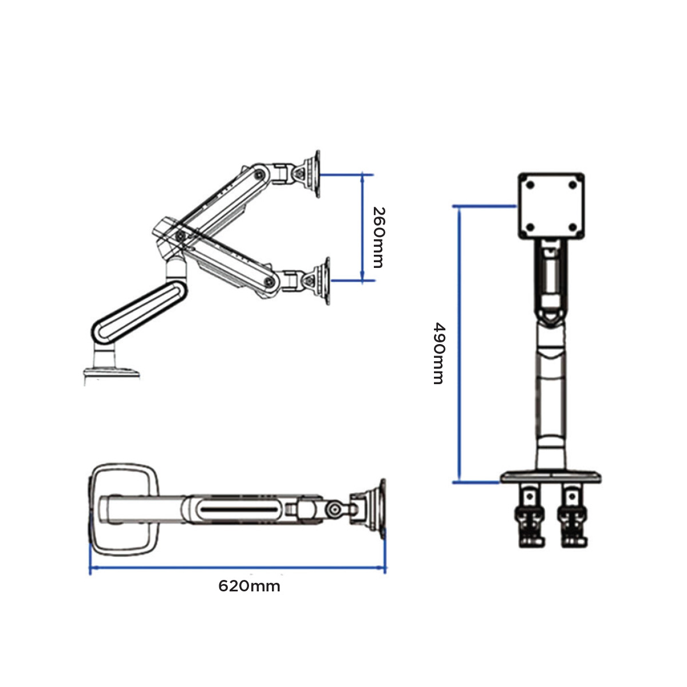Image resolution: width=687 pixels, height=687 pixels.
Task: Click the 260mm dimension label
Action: (x=377, y=237)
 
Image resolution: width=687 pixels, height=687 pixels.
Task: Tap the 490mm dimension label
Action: (x=438, y=353)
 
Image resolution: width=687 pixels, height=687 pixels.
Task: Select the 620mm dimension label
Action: (x=249, y=586)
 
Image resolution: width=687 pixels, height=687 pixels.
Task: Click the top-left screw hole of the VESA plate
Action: (x=530, y=185)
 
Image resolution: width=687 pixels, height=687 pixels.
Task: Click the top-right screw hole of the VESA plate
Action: (x=573, y=185)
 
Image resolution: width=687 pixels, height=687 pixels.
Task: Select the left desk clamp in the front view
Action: (x=530, y=515)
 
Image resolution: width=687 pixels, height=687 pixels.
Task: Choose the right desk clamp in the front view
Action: (x=573, y=515)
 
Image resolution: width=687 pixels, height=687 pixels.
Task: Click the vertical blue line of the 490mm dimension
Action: (x=459, y=343)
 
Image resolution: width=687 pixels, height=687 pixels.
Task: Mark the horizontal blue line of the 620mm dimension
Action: (x=237, y=568)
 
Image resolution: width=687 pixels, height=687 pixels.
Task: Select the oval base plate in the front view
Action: (x=551, y=476)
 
